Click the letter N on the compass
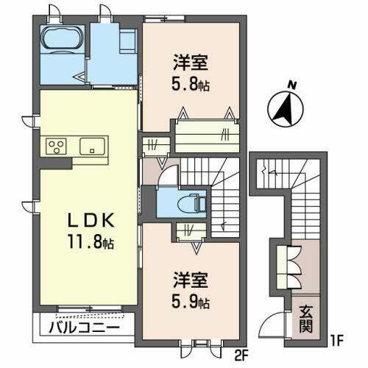293,85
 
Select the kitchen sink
91,144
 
